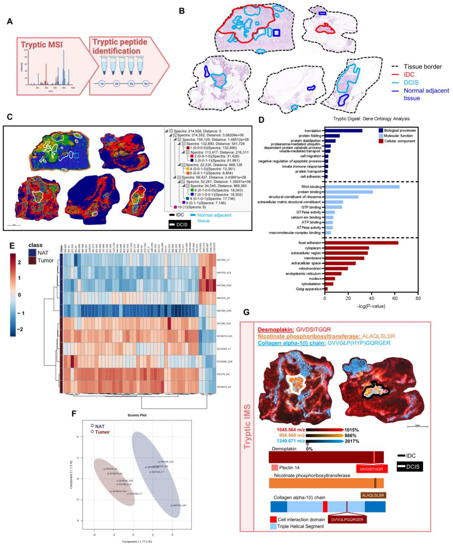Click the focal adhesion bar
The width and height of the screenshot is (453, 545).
(361, 243)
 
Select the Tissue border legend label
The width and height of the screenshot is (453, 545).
(423, 67)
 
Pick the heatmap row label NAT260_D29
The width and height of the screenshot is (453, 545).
(224, 311)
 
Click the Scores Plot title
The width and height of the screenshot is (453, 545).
(137, 415)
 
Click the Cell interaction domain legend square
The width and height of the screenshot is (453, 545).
(273, 519)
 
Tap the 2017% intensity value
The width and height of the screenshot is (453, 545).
(352, 441)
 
